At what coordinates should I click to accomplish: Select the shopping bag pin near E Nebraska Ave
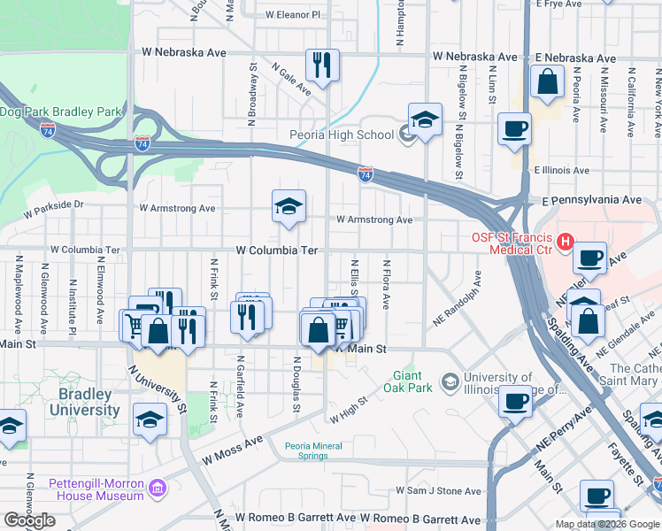(x=548, y=82)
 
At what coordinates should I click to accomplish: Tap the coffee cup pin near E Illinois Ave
(x=514, y=130)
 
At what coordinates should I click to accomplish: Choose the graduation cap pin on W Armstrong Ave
(x=289, y=206)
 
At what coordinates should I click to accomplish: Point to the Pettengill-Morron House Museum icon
(x=158, y=488)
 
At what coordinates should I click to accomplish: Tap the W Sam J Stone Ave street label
(x=438, y=490)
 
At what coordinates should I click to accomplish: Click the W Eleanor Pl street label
(x=294, y=15)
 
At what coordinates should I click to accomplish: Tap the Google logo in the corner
(x=30, y=520)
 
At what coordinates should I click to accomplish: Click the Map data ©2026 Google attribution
(x=606, y=524)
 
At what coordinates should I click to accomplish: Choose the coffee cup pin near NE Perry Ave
(x=514, y=400)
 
